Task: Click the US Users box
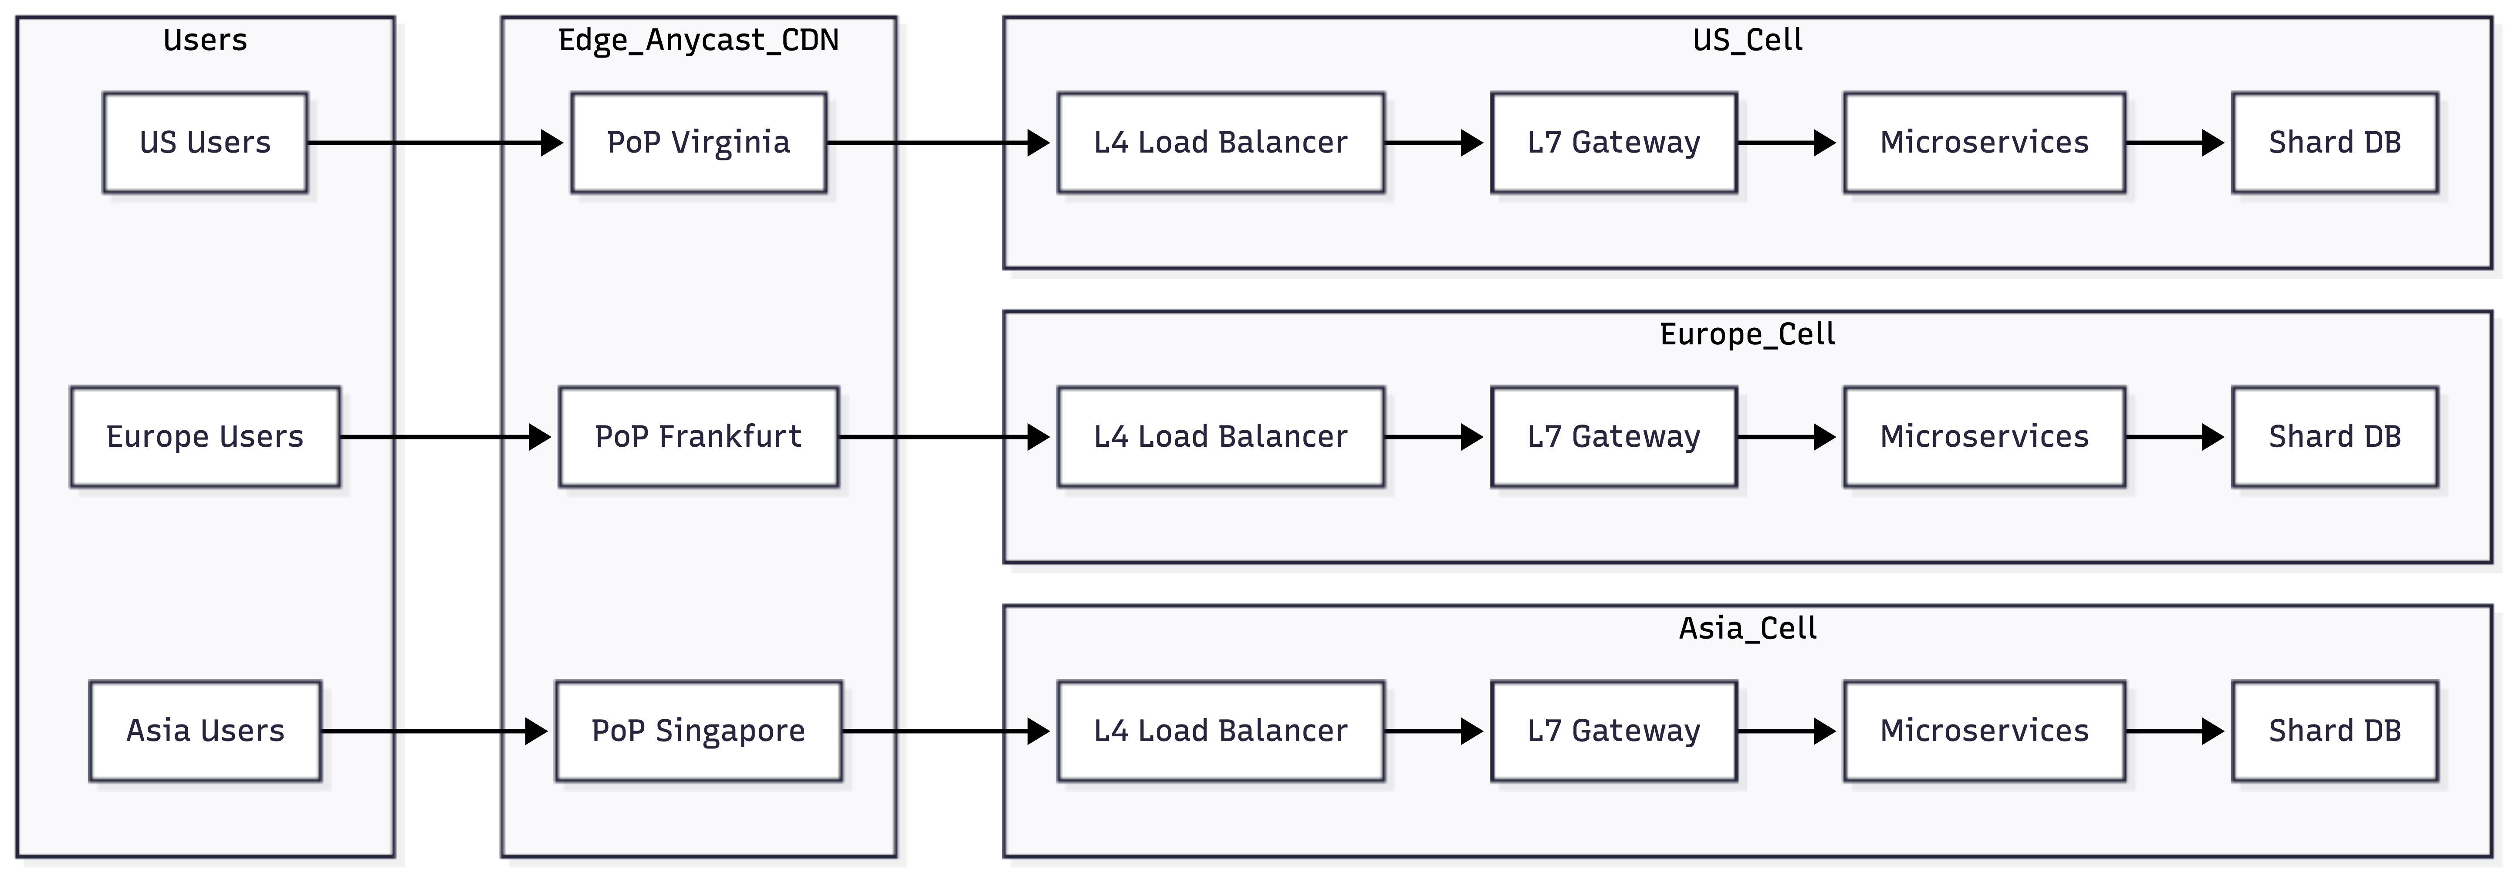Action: click(x=206, y=142)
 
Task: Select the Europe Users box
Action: click(x=206, y=436)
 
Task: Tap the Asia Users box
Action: click(x=206, y=731)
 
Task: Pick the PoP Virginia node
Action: click(x=698, y=142)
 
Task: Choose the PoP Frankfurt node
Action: click(x=698, y=436)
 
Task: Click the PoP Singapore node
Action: click(x=698, y=731)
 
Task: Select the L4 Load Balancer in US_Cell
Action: click(x=1221, y=142)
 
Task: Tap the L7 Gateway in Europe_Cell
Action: click(x=1614, y=436)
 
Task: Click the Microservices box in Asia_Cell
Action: click(x=1984, y=731)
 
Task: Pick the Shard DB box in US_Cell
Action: click(x=2335, y=142)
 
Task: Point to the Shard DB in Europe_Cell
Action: click(x=2335, y=436)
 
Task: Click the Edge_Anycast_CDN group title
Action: click(x=698, y=40)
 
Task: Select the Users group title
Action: click(x=206, y=40)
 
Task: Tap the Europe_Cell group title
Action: click(x=1747, y=334)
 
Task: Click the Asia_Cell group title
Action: click(x=1747, y=629)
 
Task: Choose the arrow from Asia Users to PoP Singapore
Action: click(x=434, y=731)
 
